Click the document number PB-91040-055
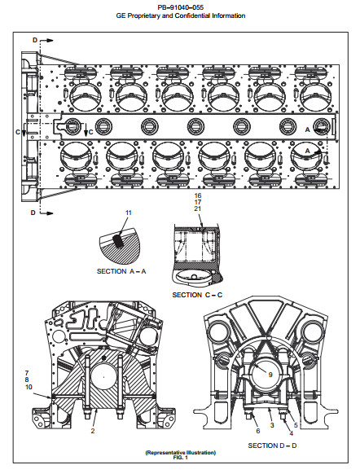pos(181,7)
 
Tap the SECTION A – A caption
pos(121,271)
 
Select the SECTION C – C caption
pos(197,295)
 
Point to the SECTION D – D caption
pos(272,445)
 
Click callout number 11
pos(129,213)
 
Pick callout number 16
pos(198,195)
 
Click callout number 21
pos(198,208)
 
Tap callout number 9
pos(270,375)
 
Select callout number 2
pos(93,431)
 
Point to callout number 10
pos(29,387)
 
